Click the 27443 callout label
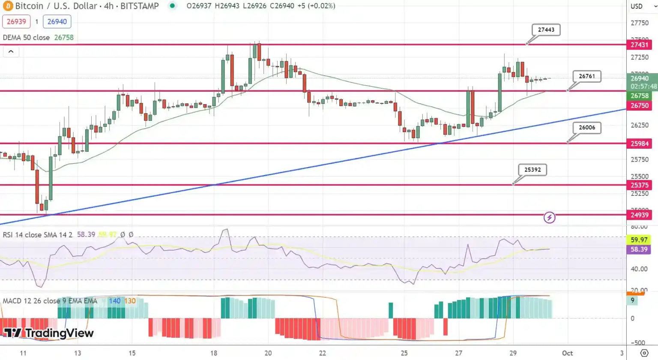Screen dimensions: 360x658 [x=546, y=30]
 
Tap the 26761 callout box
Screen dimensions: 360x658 [x=586, y=76]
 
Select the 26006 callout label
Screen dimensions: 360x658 [x=586, y=127]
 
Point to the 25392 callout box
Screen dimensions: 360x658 [x=532, y=170]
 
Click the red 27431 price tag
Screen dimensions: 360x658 [x=639, y=45]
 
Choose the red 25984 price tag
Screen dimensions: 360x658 [x=639, y=144]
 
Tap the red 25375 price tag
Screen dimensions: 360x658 [x=639, y=185]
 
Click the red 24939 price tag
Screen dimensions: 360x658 [x=639, y=215]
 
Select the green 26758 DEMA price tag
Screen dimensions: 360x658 [x=639, y=96]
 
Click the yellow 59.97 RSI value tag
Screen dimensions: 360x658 [x=639, y=240]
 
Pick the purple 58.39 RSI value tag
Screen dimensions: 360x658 [x=639, y=249]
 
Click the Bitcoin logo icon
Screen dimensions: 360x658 [x=8, y=6]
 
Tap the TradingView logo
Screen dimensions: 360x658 [x=49, y=333]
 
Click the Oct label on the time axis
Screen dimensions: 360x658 [x=567, y=353]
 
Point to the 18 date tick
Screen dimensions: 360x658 [x=213, y=353]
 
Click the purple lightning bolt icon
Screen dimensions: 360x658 [x=549, y=218]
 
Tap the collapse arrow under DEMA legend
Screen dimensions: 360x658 [x=11, y=51]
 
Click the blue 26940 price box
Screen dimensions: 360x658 [x=57, y=21]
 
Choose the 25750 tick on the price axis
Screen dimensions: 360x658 [x=639, y=159]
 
